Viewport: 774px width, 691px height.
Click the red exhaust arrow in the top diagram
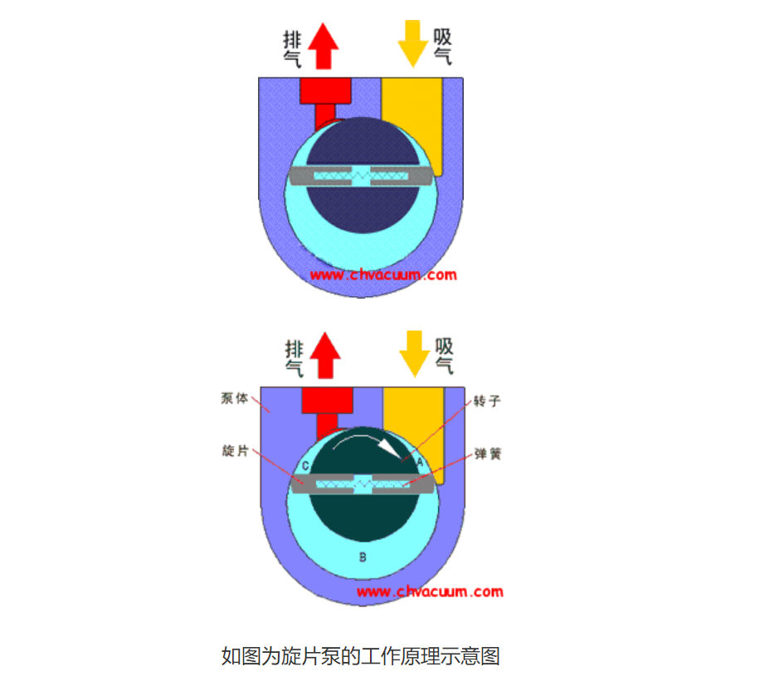pos(324,46)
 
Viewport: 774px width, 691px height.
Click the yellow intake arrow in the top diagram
pos(412,43)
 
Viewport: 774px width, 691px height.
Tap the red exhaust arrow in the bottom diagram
pos(325,355)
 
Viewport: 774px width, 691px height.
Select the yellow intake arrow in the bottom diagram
pos(415,353)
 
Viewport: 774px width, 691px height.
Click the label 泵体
pos(235,398)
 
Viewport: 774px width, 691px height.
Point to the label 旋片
pos(235,450)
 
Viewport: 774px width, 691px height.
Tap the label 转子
pos(487,401)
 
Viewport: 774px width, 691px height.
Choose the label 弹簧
pos(488,454)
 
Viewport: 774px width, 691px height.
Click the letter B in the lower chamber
pos(363,557)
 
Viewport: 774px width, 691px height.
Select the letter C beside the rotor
pos(305,466)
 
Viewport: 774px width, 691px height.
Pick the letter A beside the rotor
pos(420,463)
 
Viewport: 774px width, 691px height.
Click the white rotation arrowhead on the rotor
pos(390,448)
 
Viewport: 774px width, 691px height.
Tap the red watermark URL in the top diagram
pos(383,275)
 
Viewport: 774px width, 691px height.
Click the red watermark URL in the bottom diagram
pos(430,591)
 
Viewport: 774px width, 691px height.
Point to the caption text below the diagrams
pos(361,656)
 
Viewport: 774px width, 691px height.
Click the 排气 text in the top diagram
pos(292,49)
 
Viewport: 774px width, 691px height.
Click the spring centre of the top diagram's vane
pos(362,175)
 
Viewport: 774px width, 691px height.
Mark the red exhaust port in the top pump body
pos(325,101)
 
